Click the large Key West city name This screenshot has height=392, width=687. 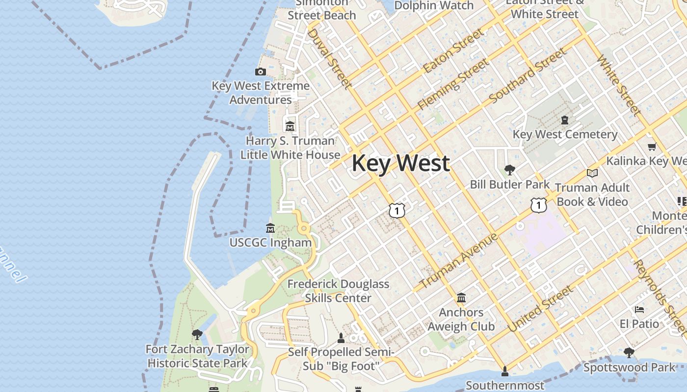point(400,163)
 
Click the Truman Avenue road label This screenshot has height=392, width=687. point(458,261)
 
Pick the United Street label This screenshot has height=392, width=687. point(540,309)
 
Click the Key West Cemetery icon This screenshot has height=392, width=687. point(565,120)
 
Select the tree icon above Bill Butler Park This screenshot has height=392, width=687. point(510,170)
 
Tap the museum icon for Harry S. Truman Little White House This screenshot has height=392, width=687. point(290,126)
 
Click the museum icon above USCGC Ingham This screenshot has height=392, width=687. point(270,228)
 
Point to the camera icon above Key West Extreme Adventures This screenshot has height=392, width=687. point(261,72)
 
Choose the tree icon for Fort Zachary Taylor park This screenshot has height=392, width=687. point(197,335)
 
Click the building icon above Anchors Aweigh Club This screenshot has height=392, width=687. point(461,298)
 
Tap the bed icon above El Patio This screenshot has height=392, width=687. point(639,309)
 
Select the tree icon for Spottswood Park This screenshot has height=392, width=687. point(629,352)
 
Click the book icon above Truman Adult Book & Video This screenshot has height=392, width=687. point(592,173)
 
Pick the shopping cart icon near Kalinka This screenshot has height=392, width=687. point(652,147)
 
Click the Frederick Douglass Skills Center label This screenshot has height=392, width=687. point(338,291)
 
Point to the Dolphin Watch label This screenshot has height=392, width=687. point(434,6)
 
